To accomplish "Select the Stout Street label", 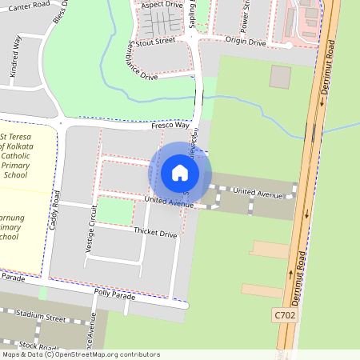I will pyautogui.click(x=156, y=40).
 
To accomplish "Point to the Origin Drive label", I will pyautogui.click(x=246, y=41).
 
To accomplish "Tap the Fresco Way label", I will pyautogui.click(x=170, y=126).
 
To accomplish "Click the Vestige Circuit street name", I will pyautogui.click(x=91, y=229).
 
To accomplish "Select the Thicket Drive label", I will pyautogui.click(x=155, y=234).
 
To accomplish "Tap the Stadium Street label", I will pyautogui.click(x=39, y=318).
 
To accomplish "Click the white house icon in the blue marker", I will pyautogui.click(x=180, y=172).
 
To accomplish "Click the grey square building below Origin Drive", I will pyautogui.click(x=280, y=77).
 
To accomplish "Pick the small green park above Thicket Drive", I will pyautogui.click(x=115, y=210).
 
